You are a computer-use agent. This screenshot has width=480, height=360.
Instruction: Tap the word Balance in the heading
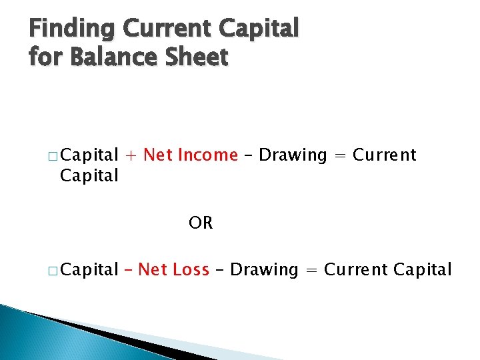pos(113,57)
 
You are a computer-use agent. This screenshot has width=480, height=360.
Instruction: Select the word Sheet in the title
pos(197,57)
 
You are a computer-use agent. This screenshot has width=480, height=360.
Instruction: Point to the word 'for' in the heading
pos(45,57)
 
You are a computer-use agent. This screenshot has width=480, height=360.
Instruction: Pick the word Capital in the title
pos(261,29)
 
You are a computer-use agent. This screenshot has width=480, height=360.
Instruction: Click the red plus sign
pos(131,156)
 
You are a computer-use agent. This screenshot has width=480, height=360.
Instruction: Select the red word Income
pos(206,155)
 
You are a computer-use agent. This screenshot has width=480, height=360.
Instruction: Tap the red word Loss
pos(191,270)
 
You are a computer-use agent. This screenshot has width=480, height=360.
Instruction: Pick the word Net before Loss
pos(153,270)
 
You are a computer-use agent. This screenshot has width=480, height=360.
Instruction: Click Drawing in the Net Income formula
pos(293,155)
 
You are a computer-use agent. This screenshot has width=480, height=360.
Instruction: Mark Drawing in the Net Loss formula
pos(264,270)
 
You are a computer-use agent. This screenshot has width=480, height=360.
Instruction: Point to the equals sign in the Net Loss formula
pos(311,271)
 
